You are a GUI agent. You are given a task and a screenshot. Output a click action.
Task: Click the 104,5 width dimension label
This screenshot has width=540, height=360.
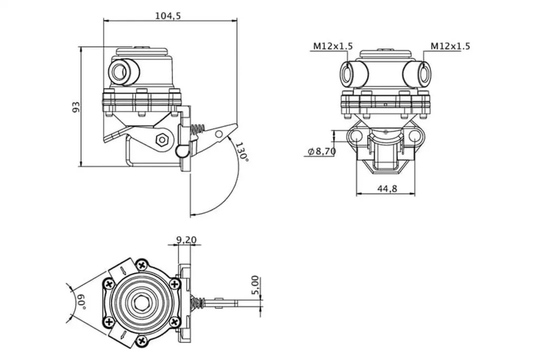tap(168, 16)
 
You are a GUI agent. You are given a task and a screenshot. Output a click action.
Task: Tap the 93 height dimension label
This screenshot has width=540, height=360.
tap(76, 107)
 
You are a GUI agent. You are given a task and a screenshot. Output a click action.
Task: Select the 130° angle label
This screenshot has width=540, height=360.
tap(242, 152)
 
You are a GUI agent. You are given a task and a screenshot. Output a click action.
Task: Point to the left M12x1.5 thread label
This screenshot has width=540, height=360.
tap(332, 46)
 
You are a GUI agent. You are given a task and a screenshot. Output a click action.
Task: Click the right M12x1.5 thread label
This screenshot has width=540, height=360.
tap(450, 46)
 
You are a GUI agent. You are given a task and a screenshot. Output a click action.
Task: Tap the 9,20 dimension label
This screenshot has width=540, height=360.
tap(186, 240)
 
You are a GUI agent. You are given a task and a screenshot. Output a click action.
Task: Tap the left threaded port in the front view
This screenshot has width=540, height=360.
tap(348, 73)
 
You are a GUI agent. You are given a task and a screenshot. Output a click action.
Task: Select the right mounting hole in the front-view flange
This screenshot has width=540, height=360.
tap(415, 137)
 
